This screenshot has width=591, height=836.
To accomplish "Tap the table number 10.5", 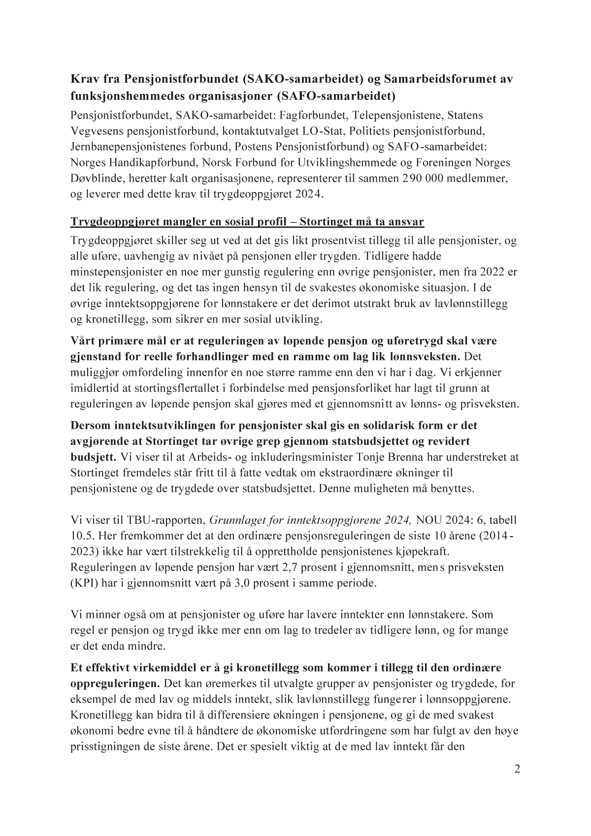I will [81, 536].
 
